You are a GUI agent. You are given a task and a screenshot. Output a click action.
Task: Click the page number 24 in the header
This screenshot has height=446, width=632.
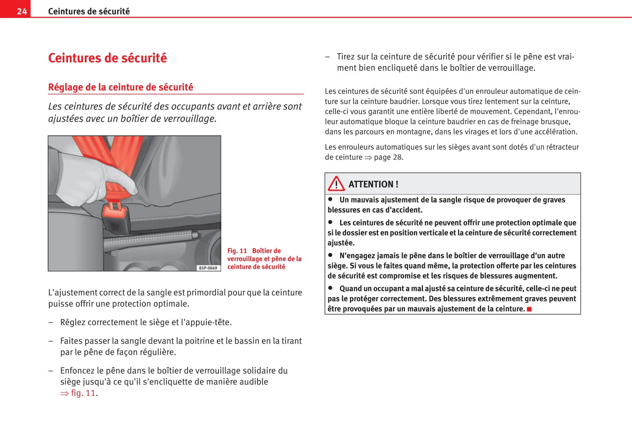[21, 11]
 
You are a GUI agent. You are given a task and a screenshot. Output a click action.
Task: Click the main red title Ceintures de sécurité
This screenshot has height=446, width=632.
[107, 58]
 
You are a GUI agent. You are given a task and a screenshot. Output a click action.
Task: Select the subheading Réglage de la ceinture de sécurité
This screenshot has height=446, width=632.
[120, 87]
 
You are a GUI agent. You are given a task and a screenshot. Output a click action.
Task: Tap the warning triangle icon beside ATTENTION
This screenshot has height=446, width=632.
[336, 184]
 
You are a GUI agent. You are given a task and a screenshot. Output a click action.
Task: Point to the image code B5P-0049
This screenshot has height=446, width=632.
[208, 268]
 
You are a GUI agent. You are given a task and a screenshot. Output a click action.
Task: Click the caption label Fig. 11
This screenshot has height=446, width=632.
[237, 251]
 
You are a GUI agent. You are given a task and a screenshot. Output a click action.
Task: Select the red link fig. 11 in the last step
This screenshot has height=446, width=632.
[83, 393]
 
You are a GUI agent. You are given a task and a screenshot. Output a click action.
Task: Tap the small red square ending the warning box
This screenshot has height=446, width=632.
[529, 309]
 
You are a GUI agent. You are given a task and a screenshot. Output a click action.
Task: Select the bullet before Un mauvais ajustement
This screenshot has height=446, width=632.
[331, 199]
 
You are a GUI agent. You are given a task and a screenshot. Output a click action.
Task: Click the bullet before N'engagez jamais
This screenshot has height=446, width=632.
[331, 255]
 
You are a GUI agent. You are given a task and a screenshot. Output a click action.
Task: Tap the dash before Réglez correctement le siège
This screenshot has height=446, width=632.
[51, 323]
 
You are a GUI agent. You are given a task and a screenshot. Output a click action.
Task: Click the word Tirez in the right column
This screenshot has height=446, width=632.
[346, 56]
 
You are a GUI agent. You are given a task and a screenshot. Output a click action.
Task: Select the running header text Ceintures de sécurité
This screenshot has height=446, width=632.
[89, 11]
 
